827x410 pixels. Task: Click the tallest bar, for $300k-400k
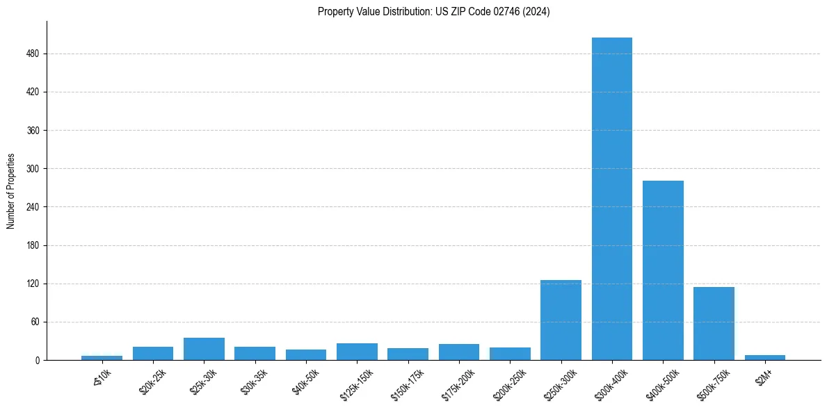coord(611,199)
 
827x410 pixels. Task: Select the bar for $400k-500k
coord(663,270)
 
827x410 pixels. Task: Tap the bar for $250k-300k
coord(561,320)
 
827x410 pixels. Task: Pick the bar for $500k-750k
coord(714,324)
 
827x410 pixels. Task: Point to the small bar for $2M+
coord(764,357)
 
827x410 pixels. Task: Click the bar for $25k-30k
coord(204,349)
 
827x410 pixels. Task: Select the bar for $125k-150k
coord(357,352)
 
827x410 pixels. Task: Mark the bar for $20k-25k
coord(153,353)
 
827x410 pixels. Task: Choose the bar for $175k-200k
coord(459,352)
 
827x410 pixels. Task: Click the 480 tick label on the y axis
coord(33,54)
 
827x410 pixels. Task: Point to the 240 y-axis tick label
coord(33,207)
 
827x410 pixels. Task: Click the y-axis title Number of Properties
coord(11,191)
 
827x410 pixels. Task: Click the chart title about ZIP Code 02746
coord(433,12)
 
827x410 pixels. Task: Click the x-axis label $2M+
coord(764,375)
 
